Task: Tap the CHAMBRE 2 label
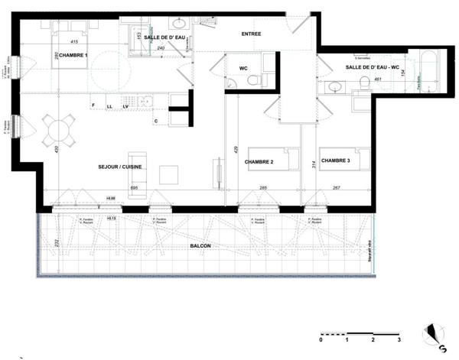[259, 162]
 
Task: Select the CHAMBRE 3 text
[336, 161]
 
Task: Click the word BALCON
[201, 245]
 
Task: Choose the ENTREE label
[251, 34]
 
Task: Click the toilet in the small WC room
[254, 79]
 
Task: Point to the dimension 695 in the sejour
[133, 187]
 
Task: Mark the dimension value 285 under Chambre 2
[262, 187]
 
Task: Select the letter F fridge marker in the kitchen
[93, 105]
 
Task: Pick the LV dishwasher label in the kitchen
[124, 105]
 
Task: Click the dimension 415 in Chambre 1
[74, 41]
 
